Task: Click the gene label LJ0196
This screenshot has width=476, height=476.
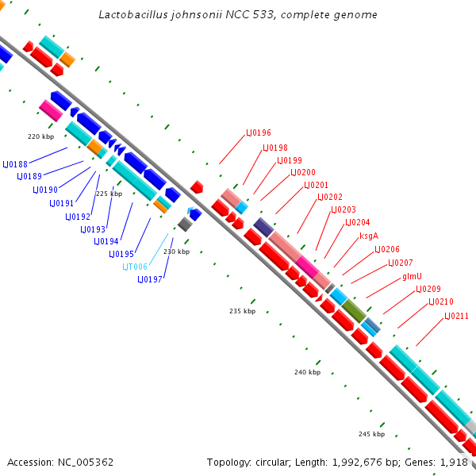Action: coord(259,132)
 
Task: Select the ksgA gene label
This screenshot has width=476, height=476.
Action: coord(369,236)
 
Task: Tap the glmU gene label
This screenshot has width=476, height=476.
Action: coord(412,276)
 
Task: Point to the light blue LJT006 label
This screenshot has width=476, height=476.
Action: coord(135,267)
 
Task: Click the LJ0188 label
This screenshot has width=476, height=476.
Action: coord(15,164)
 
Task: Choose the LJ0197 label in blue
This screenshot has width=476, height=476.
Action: coord(150,279)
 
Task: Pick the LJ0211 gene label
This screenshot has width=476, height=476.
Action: coord(457,316)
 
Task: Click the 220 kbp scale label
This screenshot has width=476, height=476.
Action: coord(41,136)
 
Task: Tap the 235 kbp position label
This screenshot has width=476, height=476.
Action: coord(242,311)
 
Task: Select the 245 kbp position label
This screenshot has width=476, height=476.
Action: coord(371,434)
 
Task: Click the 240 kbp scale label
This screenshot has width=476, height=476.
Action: coord(307,372)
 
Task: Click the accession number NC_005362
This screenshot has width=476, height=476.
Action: coord(86,463)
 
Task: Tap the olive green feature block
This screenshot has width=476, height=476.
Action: coord(354,311)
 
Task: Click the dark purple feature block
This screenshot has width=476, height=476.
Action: coord(263,227)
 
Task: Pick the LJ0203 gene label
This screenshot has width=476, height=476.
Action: coord(344,209)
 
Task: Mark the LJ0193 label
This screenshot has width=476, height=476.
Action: coord(93,229)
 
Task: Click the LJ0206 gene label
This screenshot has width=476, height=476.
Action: coord(387,250)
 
